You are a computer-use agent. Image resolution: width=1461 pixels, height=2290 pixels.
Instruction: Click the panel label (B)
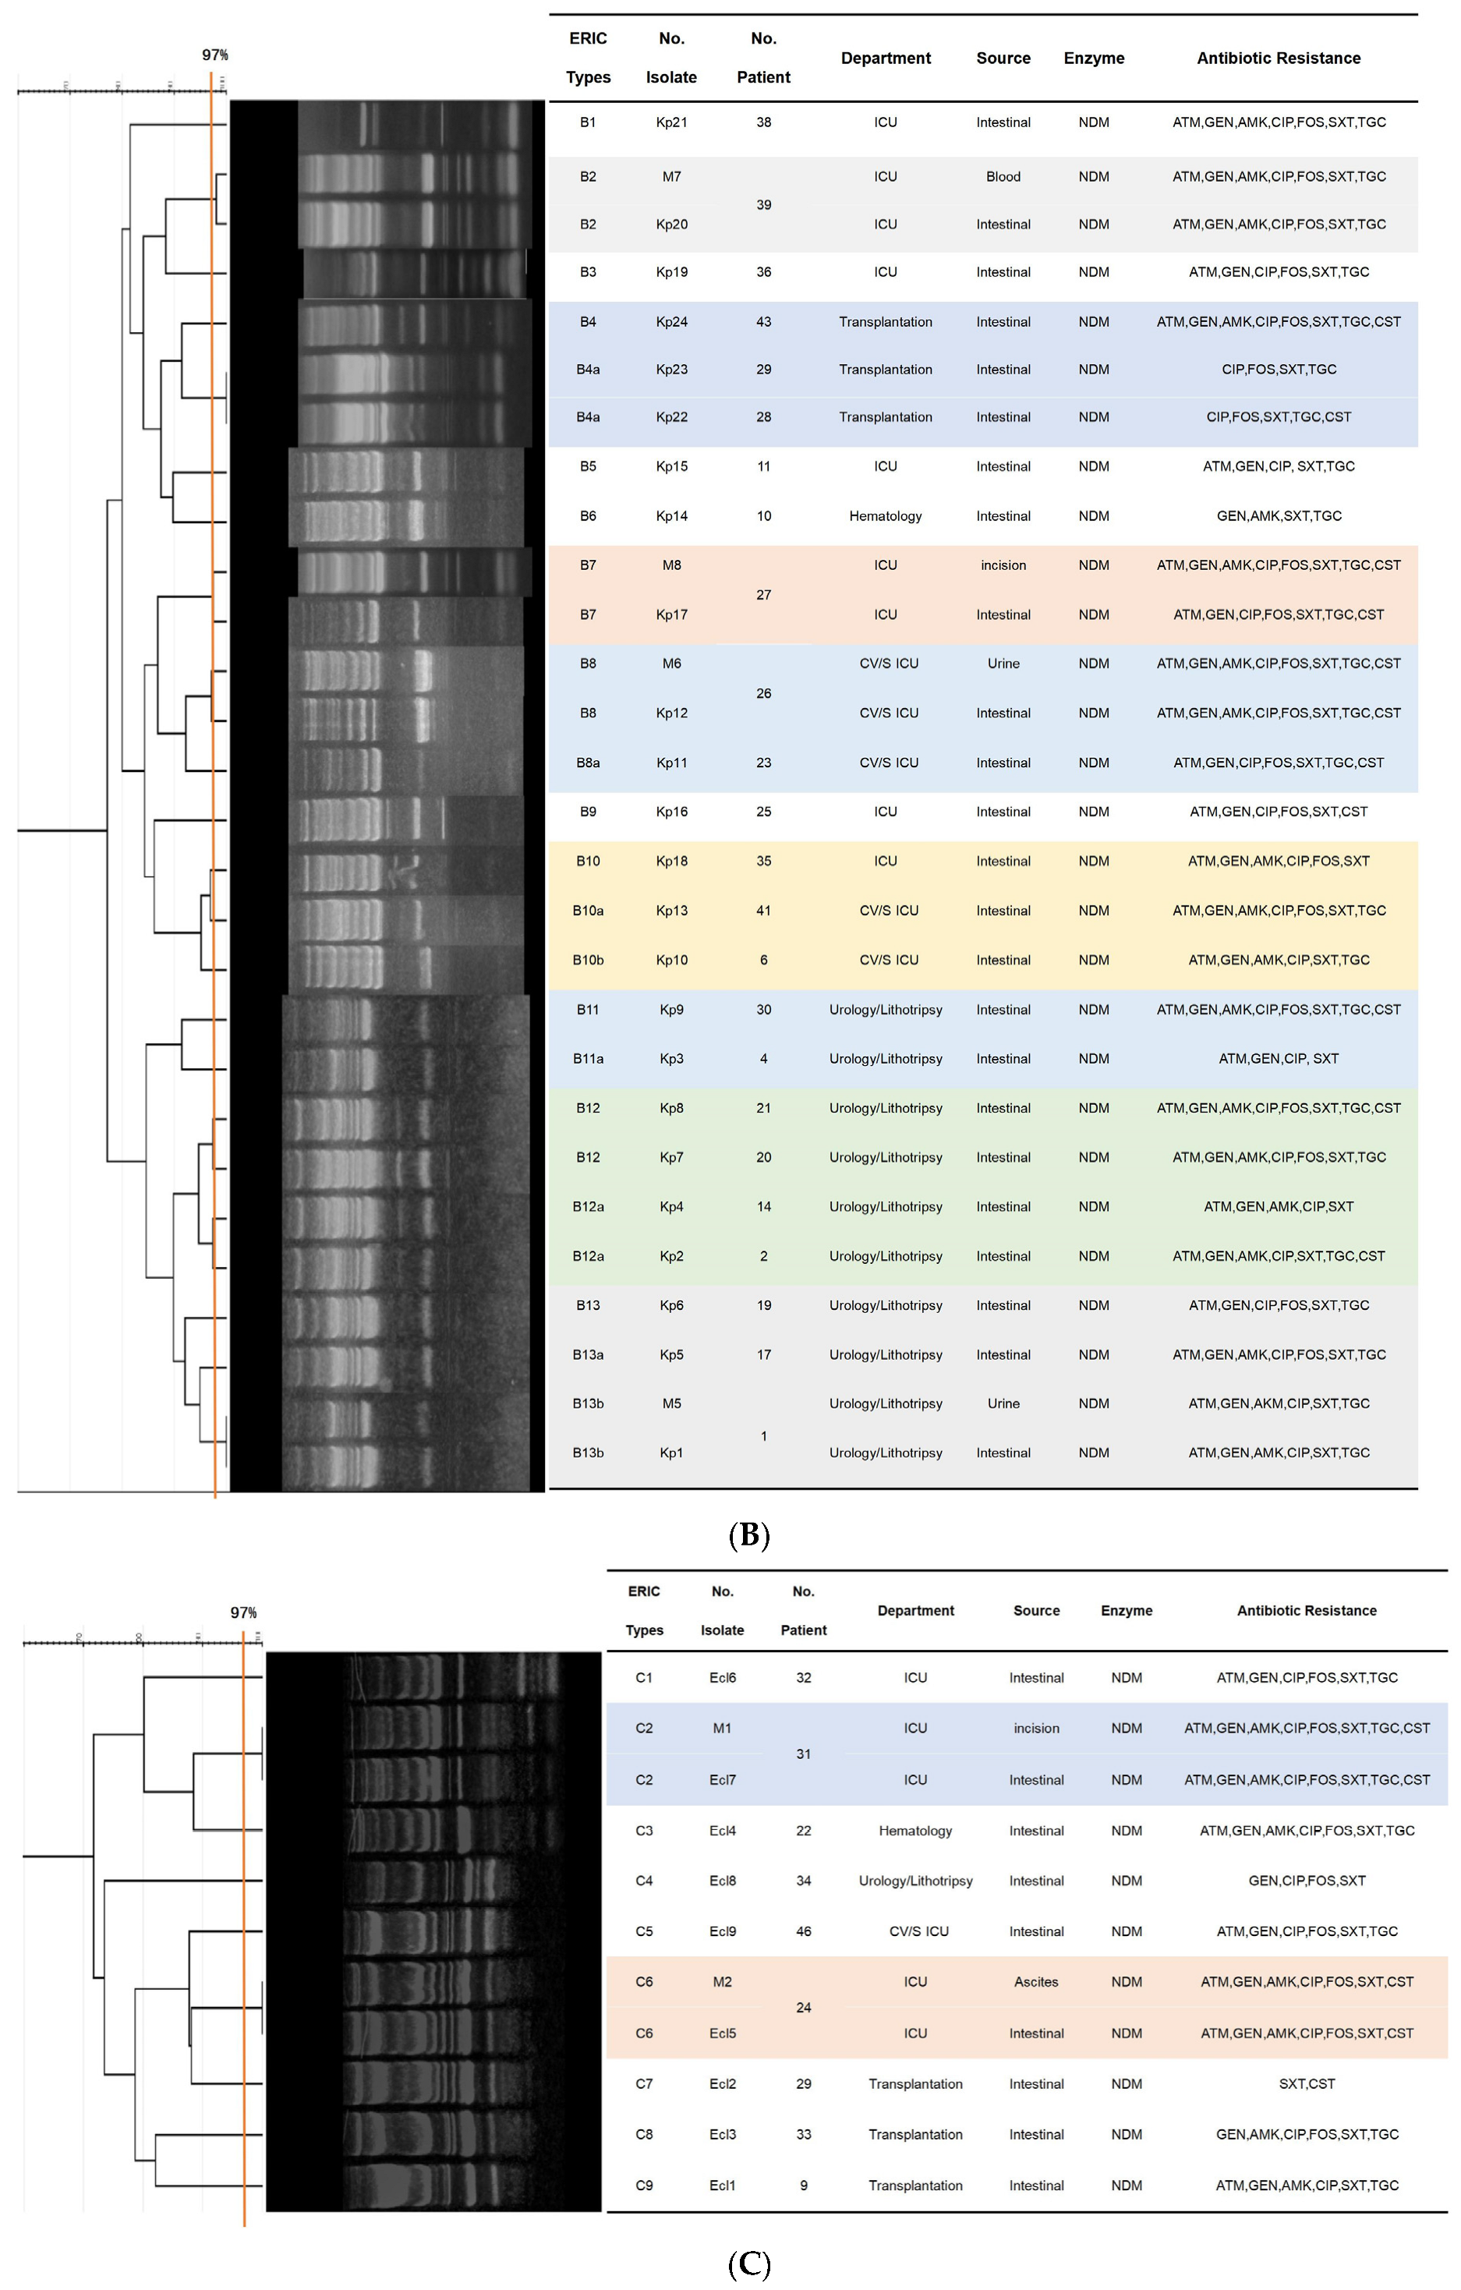(x=748, y=1536)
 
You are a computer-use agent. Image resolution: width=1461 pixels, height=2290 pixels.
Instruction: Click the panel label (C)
(x=748, y=2264)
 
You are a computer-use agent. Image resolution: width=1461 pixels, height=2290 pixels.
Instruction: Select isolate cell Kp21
(x=671, y=122)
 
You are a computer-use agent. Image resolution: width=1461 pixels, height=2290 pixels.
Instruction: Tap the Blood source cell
(x=1003, y=177)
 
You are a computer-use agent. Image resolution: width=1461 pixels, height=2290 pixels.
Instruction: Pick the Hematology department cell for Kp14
(x=885, y=516)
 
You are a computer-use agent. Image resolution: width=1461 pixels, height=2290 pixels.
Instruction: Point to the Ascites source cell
(x=1036, y=1982)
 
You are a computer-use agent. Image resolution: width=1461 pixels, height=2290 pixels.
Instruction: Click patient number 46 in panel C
(x=804, y=1931)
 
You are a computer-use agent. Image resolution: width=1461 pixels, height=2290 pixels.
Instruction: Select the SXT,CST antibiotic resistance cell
(x=1306, y=2083)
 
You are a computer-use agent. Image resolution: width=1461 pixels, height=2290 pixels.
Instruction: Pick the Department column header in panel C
(x=915, y=1611)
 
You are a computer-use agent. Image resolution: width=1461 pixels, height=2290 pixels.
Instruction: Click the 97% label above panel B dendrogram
(x=215, y=55)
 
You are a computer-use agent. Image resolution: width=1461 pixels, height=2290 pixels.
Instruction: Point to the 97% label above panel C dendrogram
(x=243, y=1613)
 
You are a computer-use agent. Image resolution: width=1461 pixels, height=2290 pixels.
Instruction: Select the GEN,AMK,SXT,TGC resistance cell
(x=1279, y=516)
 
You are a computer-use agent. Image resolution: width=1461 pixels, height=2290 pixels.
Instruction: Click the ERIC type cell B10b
(x=588, y=961)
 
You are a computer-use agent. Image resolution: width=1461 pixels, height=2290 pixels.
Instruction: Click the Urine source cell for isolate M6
(x=1003, y=664)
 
